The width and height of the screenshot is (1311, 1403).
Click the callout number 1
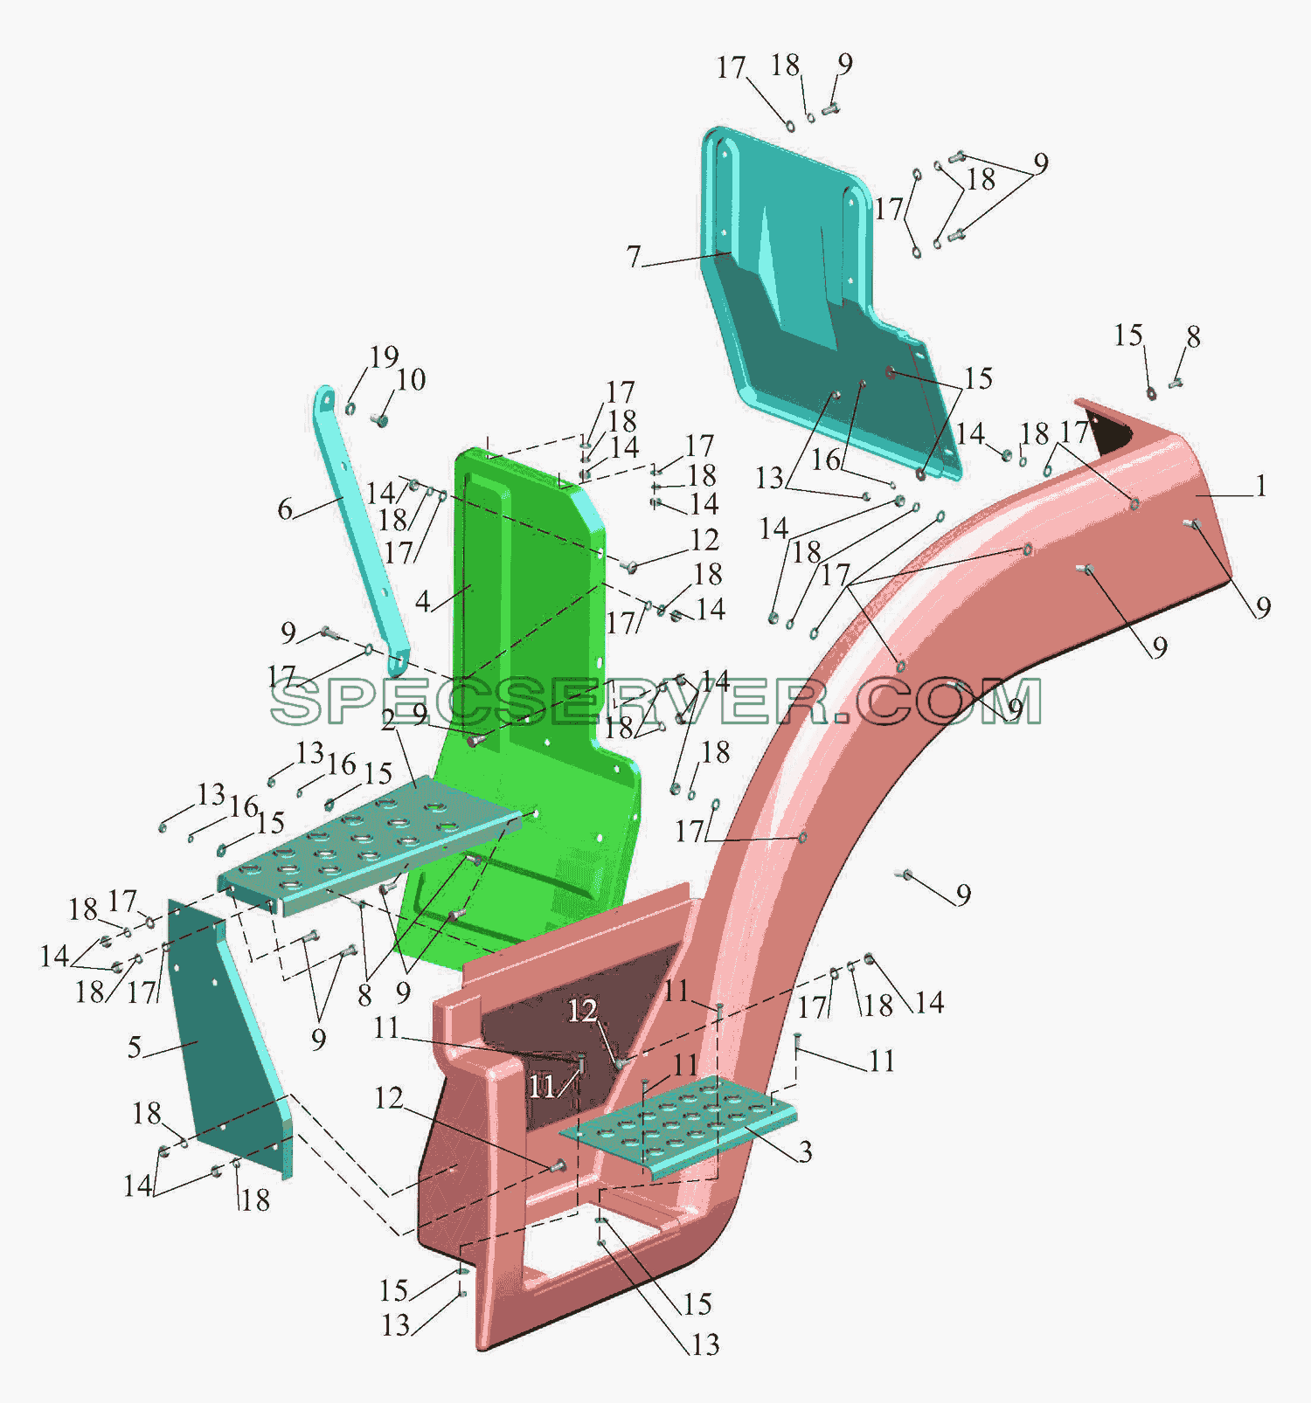point(1260,486)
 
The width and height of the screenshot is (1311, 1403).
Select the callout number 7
point(634,257)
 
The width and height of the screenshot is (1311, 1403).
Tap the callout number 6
point(285,509)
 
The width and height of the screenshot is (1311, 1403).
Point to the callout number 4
point(423,601)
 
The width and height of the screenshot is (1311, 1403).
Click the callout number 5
point(135,1047)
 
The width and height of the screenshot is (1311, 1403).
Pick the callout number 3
point(805,1151)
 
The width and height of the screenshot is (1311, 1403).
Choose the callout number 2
point(389,720)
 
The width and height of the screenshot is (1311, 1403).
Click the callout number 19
point(384,356)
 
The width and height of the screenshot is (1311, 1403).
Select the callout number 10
point(411,380)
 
